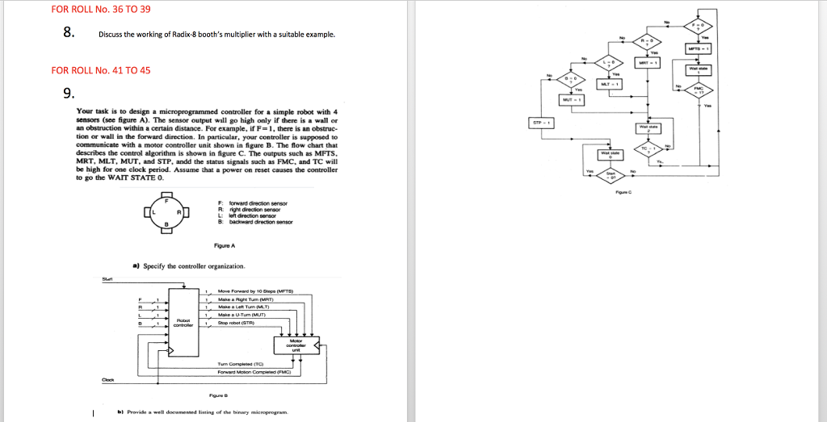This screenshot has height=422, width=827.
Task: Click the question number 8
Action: [x=69, y=33]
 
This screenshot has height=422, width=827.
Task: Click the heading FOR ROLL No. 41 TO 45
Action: [x=101, y=69]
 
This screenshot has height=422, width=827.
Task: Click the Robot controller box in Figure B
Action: [x=183, y=323]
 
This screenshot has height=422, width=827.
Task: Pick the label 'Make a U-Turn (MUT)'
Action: [x=246, y=314]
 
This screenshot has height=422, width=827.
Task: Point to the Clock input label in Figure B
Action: [x=107, y=380]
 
